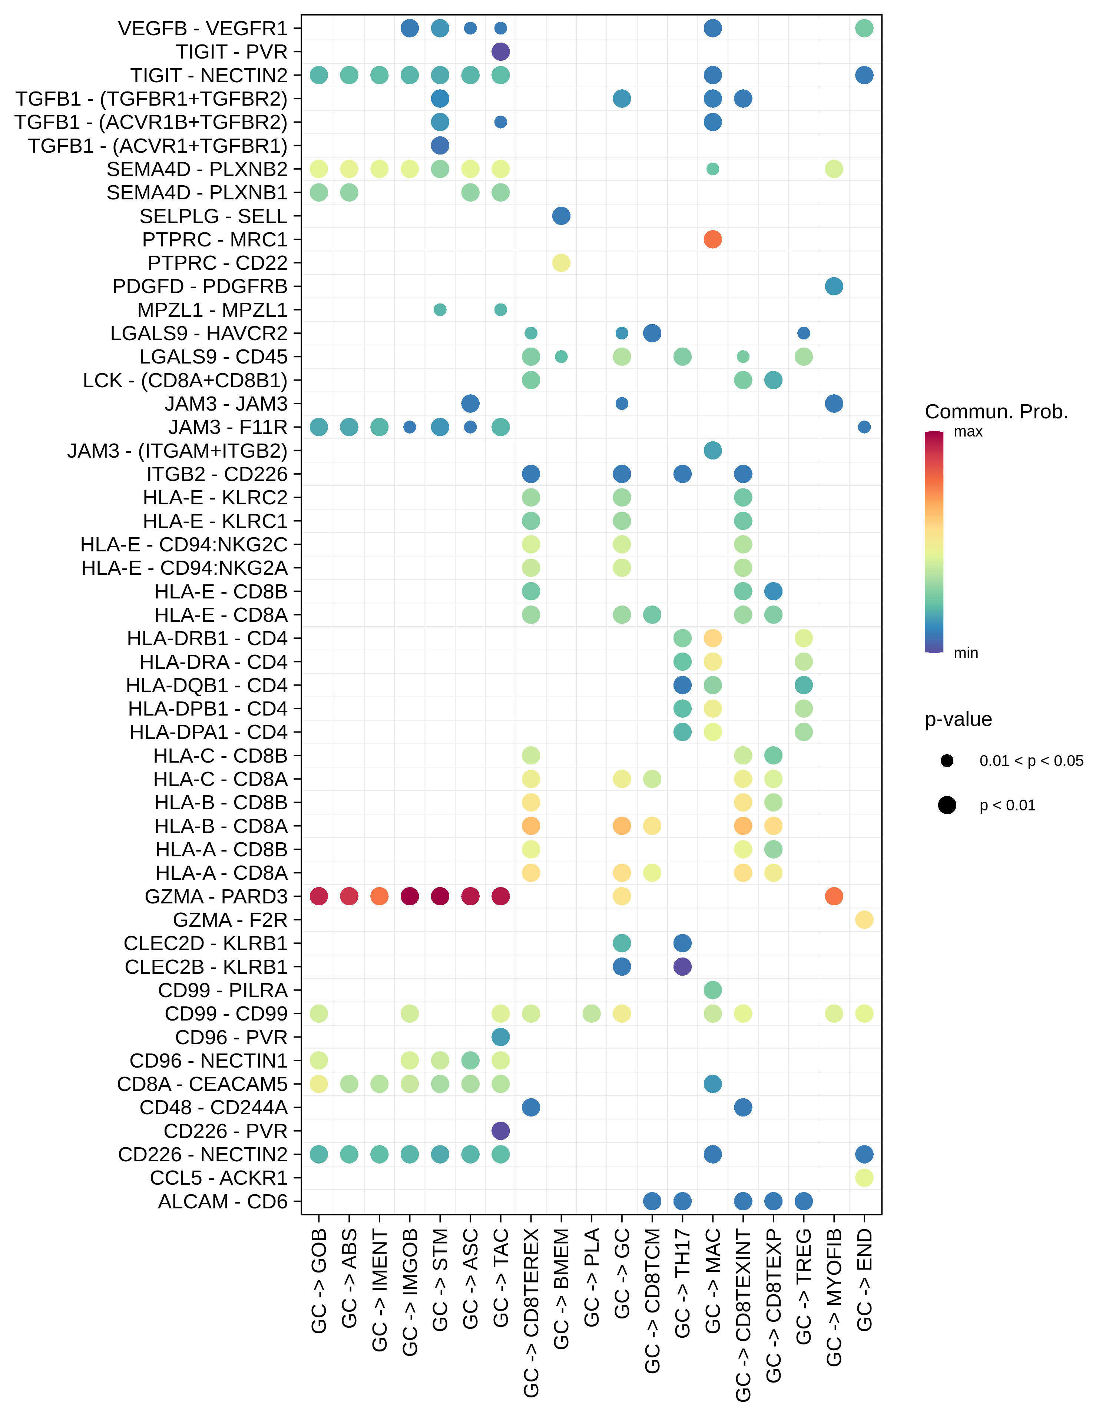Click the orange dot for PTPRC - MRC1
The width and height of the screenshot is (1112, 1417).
click(712, 239)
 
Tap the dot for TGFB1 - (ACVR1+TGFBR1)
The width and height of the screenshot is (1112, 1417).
click(440, 145)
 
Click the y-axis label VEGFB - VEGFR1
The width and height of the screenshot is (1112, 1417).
click(202, 29)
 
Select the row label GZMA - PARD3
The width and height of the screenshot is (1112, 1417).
click(215, 896)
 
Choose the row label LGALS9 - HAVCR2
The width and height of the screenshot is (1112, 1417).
click(199, 333)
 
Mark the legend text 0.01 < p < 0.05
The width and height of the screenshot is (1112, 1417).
click(1031, 761)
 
